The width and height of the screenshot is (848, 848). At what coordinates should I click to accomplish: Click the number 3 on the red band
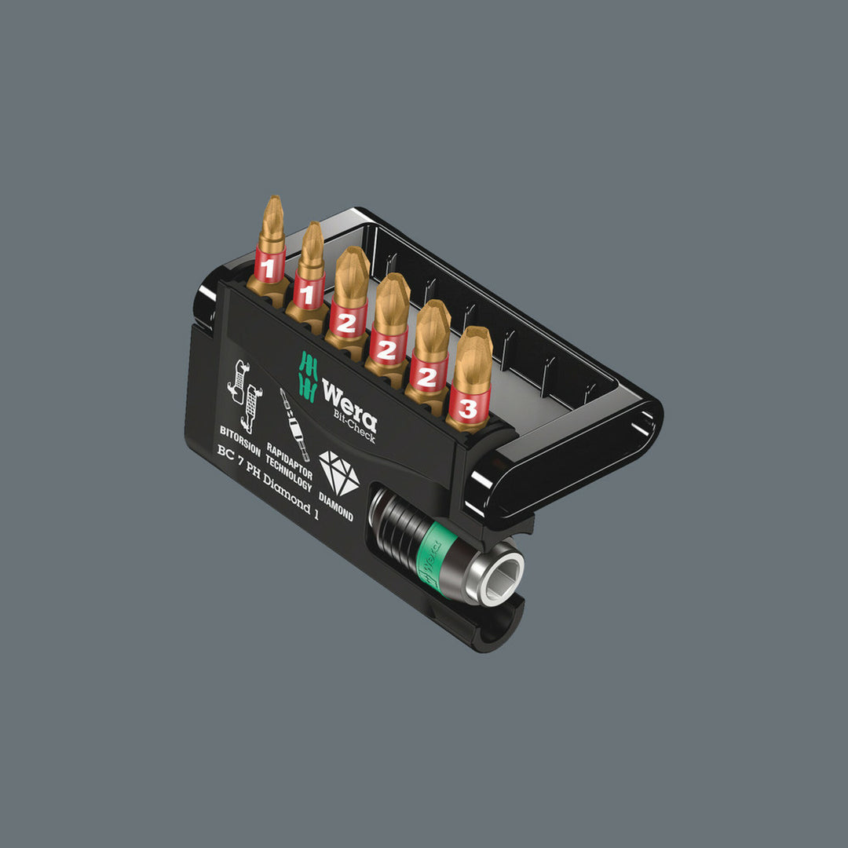coord(468,408)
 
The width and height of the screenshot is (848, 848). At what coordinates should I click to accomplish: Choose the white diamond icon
coord(339,476)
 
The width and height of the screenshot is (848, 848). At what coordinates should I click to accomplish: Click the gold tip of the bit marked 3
coord(473,346)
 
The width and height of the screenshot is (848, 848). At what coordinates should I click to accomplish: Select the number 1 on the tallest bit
coord(268,269)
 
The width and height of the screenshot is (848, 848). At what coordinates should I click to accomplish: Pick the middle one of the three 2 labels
coord(386,350)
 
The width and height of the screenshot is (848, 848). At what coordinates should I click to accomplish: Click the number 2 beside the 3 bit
coord(426,377)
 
